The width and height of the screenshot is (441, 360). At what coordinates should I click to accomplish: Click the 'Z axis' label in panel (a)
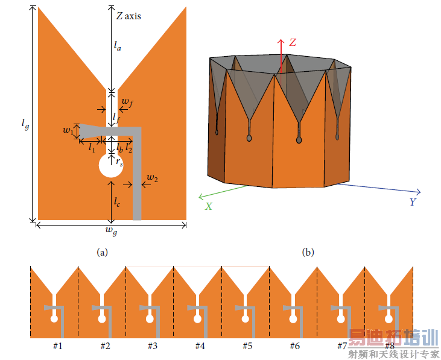click(128, 16)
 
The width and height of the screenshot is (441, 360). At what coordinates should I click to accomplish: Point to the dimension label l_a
click(117, 45)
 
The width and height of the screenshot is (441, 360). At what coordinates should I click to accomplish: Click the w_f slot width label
click(127, 103)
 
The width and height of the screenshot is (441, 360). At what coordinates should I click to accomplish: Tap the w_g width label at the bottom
click(112, 231)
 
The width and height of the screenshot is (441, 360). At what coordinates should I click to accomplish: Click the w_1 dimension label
click(68, 130)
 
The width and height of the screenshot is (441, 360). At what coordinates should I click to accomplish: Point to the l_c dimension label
click(116, 201)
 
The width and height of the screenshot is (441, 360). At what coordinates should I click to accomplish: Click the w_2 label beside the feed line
click(152, 178)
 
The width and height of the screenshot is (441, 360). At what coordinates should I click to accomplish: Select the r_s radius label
click(119, 162)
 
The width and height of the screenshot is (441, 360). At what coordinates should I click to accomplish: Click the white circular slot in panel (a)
click(111, 165)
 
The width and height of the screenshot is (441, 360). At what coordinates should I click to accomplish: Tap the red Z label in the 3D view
click(293, 42)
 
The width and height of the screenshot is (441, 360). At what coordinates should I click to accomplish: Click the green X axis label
click(208, 207)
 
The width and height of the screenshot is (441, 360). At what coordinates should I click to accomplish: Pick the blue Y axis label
click(412, 202)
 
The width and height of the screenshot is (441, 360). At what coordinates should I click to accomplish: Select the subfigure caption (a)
click(102, 252)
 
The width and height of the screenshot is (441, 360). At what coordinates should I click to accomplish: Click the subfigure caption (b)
click(308, 252)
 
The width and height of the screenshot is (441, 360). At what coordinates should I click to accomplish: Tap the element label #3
click(153, 346)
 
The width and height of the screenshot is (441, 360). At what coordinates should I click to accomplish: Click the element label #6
click(295, 346)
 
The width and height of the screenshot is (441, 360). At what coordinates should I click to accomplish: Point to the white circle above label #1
click(54, 319)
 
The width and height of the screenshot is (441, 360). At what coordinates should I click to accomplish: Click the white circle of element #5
click(246, 319)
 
